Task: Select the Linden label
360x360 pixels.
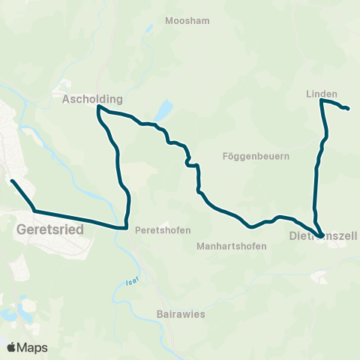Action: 322,94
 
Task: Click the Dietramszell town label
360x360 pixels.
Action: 323,237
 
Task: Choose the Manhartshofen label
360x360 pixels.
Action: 231,245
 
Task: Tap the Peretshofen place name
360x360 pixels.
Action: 163,230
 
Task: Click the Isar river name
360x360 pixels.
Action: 123,285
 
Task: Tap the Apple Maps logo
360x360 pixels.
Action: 27,348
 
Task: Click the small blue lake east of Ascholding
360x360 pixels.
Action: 163,111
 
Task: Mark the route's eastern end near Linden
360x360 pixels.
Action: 349,109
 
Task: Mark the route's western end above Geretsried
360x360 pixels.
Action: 12,180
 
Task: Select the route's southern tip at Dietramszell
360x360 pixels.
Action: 321,236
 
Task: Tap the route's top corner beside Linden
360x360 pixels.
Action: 322,100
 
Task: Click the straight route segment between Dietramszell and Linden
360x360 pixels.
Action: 316,180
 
